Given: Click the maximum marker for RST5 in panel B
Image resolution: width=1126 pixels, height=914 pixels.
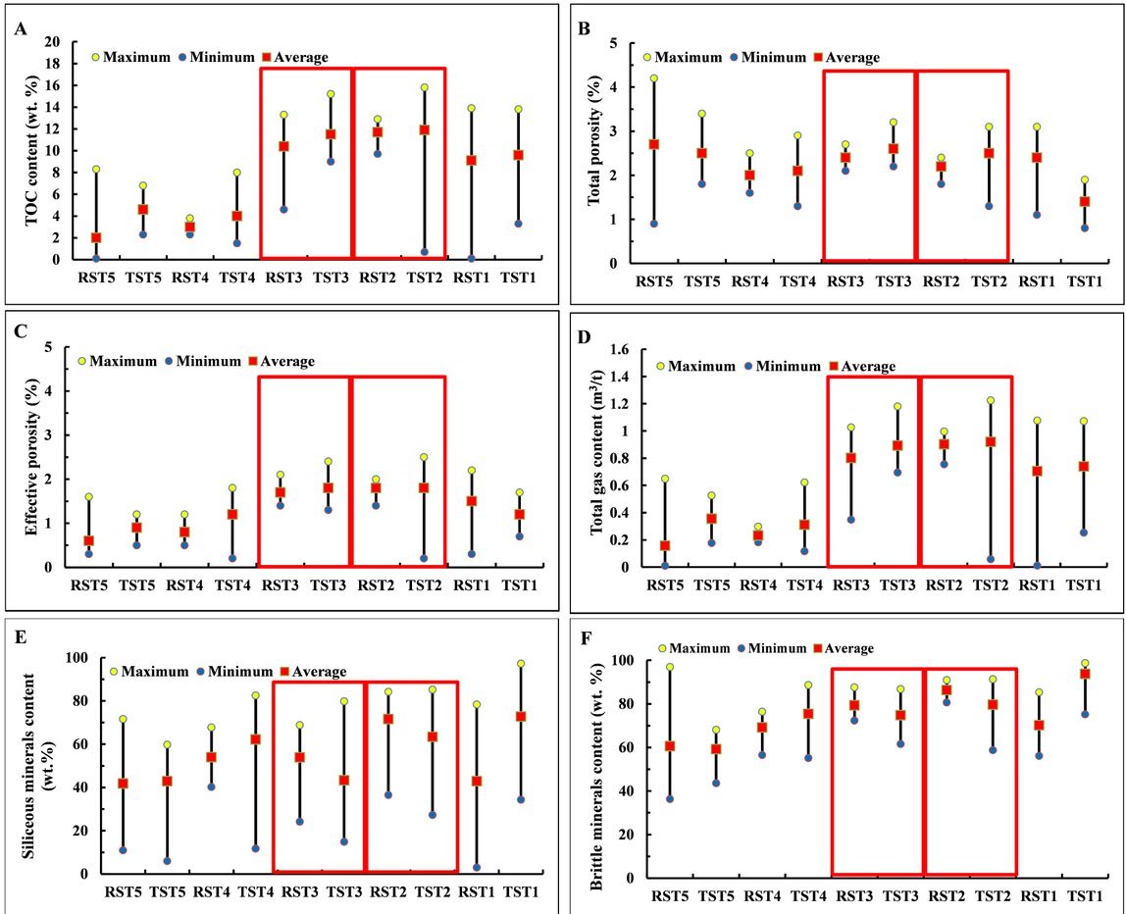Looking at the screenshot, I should point(653,78).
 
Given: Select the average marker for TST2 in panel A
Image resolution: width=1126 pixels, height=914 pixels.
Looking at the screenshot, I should point(424,129).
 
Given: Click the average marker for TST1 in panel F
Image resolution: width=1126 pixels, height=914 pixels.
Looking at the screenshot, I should point(1085,674).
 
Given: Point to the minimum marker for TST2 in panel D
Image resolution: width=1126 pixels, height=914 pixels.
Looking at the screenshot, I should point(991,559).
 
